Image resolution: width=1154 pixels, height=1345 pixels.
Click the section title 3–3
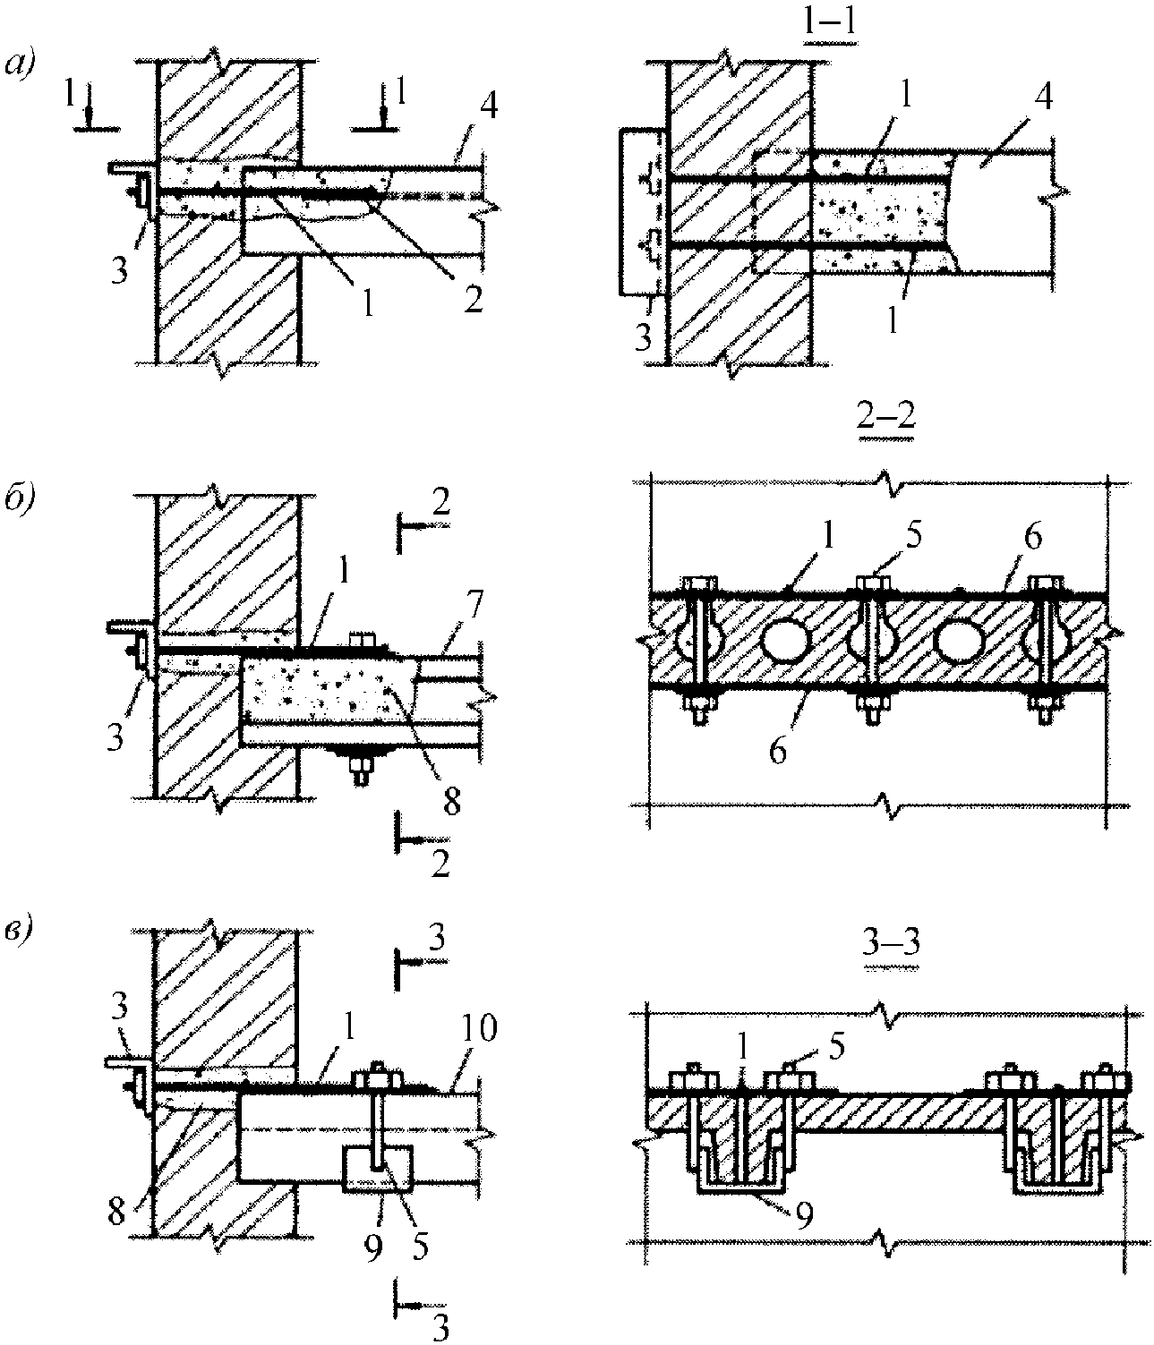click(891, 943)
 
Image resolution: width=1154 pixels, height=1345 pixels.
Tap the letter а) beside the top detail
click(21, 65)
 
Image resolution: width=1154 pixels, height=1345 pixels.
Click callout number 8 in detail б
click(452, 800)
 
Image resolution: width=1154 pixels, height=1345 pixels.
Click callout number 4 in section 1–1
click(1043, 98)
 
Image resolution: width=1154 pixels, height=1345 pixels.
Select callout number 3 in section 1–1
click(643, 338)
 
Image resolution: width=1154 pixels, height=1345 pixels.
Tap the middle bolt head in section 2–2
click(872, 584)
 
